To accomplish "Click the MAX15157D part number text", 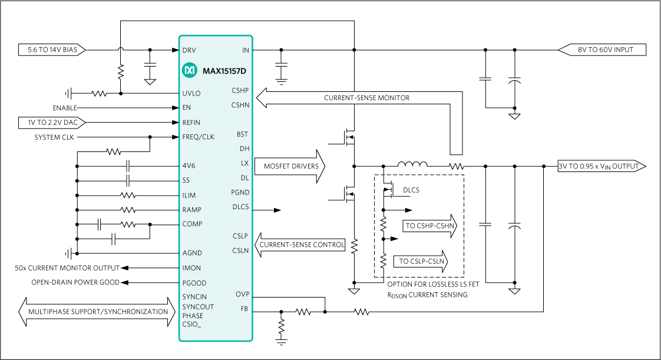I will click(224, 71).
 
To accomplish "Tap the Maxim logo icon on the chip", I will click(189, 70).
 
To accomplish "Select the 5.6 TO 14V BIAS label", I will click(52, 50).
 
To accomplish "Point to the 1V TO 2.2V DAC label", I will click(52, 123).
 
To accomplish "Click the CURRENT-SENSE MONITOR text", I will click(366, 98).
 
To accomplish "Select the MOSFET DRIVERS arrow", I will click(290, 166).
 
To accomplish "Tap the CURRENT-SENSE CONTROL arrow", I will click(300, 245).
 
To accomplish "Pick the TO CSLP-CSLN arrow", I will click(420, 262).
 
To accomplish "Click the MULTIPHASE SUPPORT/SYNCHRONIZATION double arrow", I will click(98, 312).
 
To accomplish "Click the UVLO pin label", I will click(191, 93).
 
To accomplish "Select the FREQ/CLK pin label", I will click(198, 137).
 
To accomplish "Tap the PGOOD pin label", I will click(194, 283).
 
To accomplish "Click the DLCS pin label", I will click(240, 207).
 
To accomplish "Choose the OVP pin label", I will click(242, 294).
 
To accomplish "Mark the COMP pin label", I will click(192, 224).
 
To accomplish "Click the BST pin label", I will click(242, 134).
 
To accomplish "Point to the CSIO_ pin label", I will click(191, 325).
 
